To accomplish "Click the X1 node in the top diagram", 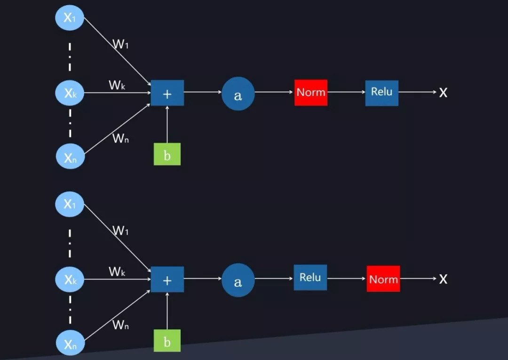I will tap(70, 18).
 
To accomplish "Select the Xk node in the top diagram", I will tap(70, 93).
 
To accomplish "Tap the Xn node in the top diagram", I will tap(70, 157).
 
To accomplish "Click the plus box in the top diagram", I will tap(167, 93).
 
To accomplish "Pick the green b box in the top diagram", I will tap(167, 154).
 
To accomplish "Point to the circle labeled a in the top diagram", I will tap(238, 94).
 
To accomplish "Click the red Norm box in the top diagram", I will tap(311, 92).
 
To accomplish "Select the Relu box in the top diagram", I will tap(381, 92).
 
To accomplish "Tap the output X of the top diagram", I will tap(443, 93).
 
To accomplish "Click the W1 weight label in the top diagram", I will tap(121, 45).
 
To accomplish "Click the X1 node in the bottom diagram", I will tap(70, 204).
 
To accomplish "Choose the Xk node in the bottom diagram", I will tap(70, 280).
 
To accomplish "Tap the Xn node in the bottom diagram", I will tap(70, 344).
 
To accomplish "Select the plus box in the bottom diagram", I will tap(167, 280).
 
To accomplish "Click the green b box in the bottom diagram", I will tap(167, 341).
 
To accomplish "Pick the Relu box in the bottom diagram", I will tap(310, 278).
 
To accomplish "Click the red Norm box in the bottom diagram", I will tap(383, 279).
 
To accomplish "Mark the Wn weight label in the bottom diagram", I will tap(121, 325).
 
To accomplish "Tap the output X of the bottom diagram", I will tap(443, 279).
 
